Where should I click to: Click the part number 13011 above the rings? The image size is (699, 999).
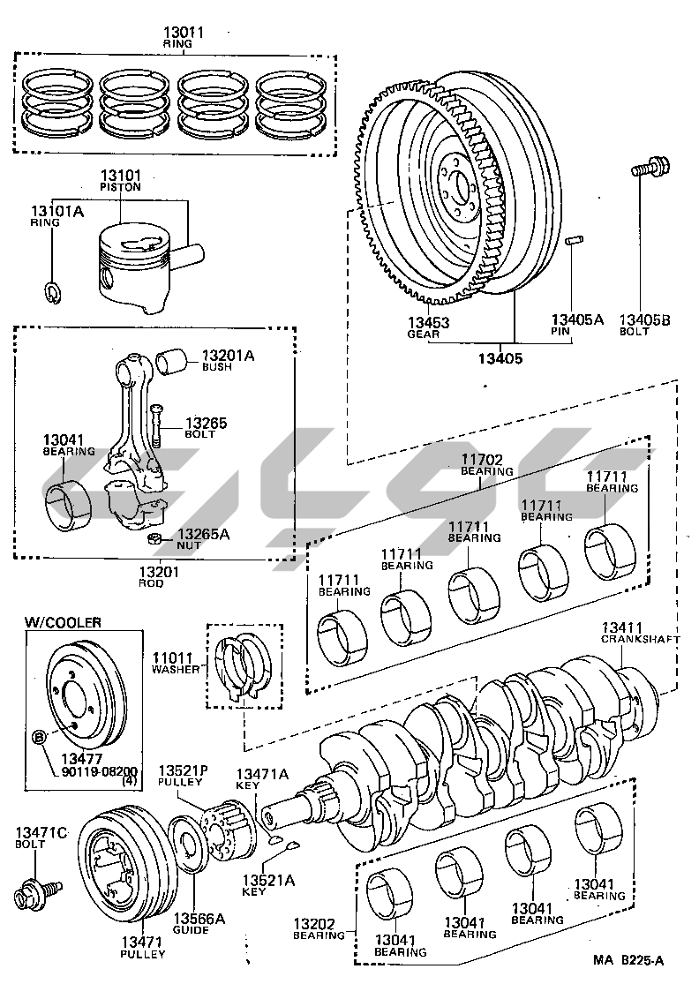tap(184, 33)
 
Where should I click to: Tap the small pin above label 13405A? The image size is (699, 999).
tap(573, 240)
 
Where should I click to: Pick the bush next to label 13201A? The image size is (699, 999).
tap(172, 360)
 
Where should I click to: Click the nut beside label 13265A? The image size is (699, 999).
tap(153, 538)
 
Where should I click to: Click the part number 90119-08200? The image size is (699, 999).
tap(88, 770)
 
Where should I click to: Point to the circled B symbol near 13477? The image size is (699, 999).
tap(39, 737)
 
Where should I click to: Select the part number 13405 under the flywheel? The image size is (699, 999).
tap(501, 358)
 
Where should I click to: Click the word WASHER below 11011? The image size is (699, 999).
tap(176, 669)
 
